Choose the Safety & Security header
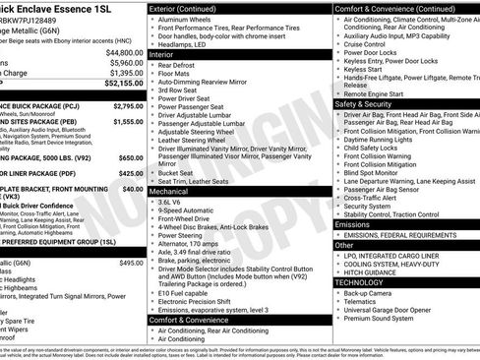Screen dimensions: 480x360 363,102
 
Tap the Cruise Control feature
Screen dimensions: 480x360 365,44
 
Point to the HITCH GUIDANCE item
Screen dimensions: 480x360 370,270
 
